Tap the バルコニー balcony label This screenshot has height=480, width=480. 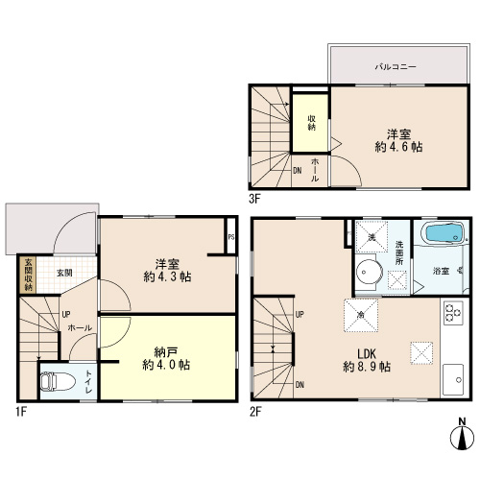click(x=396, y=67)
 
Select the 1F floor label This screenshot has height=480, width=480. click(x=21, y=412)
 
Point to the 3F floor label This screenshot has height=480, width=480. click(x=255, y=200)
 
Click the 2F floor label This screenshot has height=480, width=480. click(x=255, y=412)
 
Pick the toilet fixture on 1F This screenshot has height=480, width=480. click(x=58, y=381)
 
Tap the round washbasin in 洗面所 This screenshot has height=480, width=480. click(x=369, y=272)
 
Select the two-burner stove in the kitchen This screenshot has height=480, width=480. click(x=453, y=313)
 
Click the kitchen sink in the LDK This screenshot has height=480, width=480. click(x=453, y=379)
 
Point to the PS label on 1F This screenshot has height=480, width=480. click(x=231, y=237)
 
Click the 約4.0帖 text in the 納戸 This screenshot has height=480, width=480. click(x=166, y=365)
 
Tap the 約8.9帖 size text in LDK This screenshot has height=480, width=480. click(x=367, y=367)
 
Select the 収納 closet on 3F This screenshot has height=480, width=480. click(x=310, y=123)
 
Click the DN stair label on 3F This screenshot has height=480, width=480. click(x=298, y=171)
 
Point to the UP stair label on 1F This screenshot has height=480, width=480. click(x=66, y=314)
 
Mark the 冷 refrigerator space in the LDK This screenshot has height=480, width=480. click(x=361, y=316)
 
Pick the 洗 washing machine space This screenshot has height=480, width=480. click(x=372, y=237)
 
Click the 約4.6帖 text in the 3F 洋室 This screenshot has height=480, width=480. click(x=398, y=147)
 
